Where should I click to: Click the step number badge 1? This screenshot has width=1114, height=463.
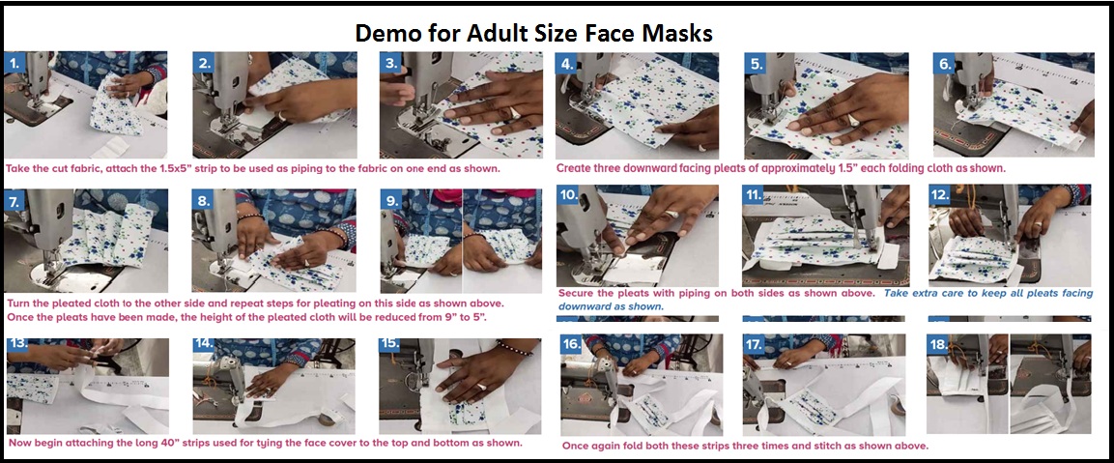click(x=14, y=63)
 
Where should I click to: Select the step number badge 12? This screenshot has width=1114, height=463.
click(x=940, y=195)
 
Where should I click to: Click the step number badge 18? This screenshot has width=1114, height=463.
click(x=939, y=345)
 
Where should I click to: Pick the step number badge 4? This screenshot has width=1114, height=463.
click(x=567, y=63)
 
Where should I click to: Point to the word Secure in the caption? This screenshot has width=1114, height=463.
click(x=579, y=293)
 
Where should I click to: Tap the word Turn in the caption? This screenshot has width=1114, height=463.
click(x=19, y=304)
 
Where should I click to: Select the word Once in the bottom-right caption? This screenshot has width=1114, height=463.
click(x=576, y=446)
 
